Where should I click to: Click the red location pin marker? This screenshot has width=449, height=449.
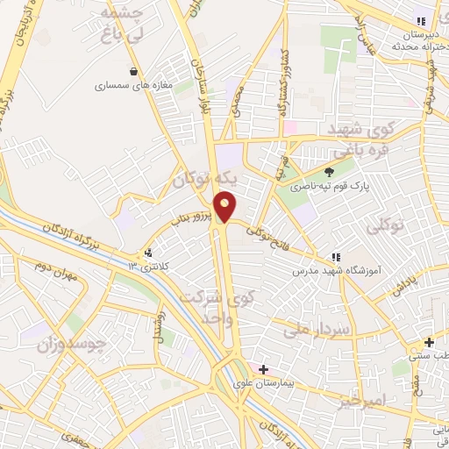[225, 207]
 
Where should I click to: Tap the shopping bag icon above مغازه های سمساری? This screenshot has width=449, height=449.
[133, 72]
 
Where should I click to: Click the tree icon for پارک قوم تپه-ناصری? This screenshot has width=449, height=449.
[330, 172]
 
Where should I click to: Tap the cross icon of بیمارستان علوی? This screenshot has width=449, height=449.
[263, 369]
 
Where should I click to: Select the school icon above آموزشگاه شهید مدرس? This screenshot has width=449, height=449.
[334, 258]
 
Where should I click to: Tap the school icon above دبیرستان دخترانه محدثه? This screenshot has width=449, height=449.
[420, 21]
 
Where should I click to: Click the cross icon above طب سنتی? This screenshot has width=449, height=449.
[429, 342]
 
